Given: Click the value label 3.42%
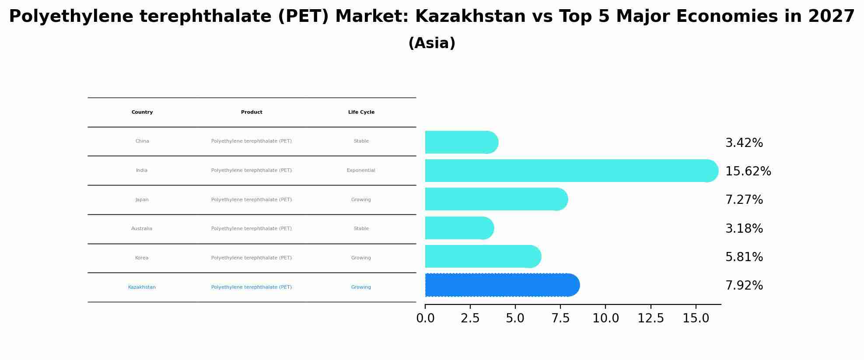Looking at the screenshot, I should point(744,143).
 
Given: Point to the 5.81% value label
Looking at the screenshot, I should point(744,257).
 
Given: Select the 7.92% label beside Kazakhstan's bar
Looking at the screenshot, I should point(744,286).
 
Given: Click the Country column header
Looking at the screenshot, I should point(142,112).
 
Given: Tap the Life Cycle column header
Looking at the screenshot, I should point(361,112).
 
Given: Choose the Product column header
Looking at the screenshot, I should point(252,112).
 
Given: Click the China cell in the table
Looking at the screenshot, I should point(142,141).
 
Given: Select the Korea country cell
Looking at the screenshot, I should point(142,258).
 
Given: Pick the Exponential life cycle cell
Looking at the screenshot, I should point(361,171).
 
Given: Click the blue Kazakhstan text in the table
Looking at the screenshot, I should point(142,287).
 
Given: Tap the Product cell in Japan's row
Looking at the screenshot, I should point(252,200).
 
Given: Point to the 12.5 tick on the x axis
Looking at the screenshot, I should point(651,318).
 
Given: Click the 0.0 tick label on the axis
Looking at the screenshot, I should point(425,318).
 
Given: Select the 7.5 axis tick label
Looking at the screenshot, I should point(560,318).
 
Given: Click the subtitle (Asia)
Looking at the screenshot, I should point(432,43).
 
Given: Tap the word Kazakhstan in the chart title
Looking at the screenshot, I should point(470,17).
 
